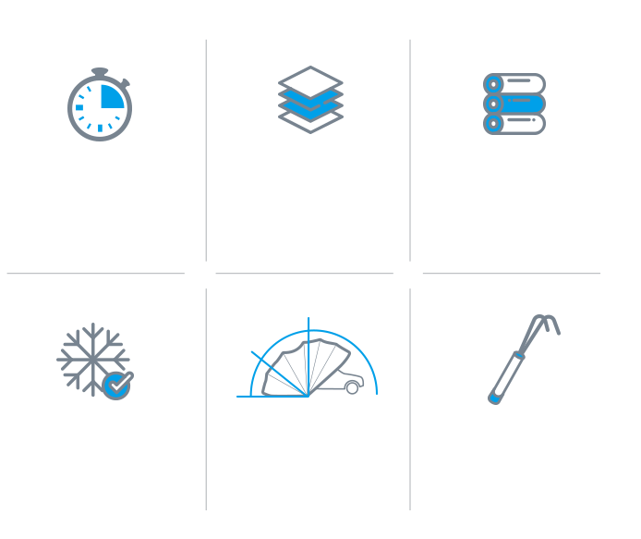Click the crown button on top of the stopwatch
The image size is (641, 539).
point(100,70)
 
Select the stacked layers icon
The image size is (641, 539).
point(310,99)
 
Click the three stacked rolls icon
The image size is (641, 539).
point(514,104)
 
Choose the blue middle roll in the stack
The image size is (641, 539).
point(514,104)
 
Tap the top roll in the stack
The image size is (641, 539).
point(514,84)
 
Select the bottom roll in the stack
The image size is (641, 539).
point(514,124)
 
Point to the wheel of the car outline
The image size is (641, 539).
point(352,388)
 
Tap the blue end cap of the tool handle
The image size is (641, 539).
point(494,398)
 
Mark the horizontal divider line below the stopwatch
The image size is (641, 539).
point(95,274)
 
